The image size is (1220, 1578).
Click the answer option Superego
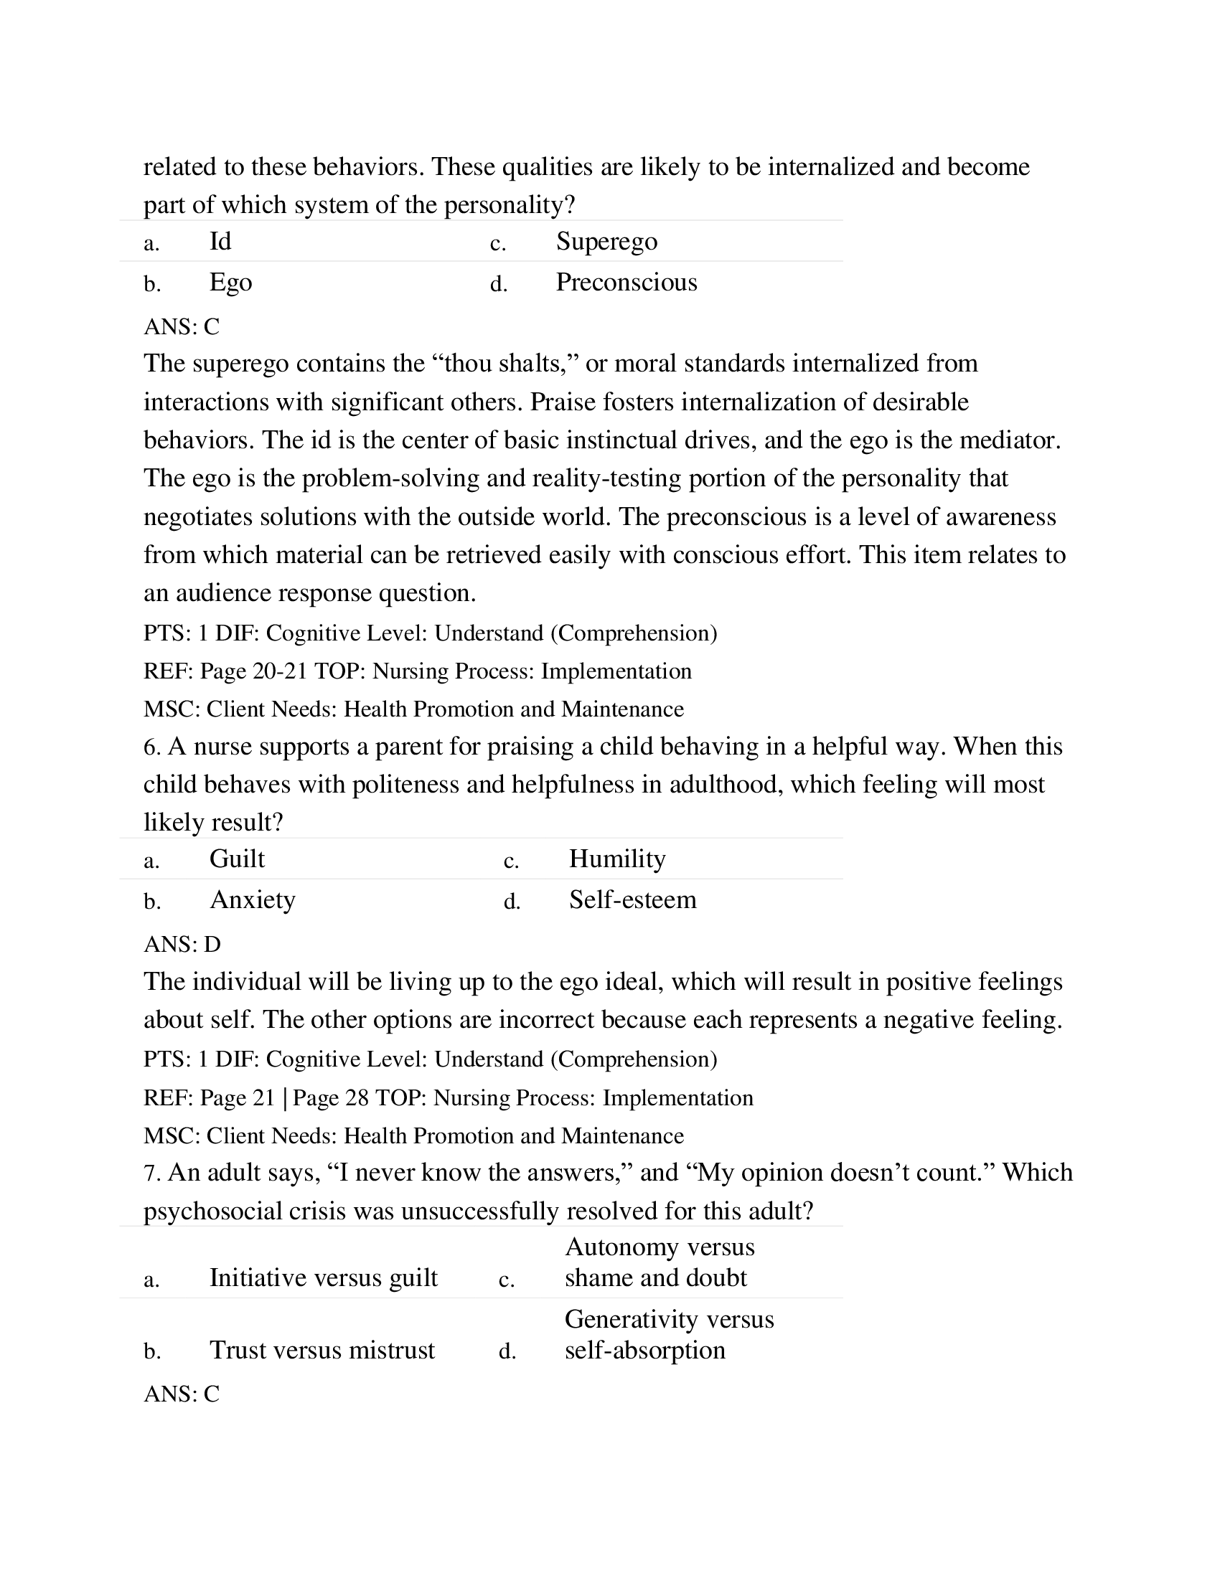(x=606, y=241)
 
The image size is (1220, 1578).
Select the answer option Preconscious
(x=626, y=282)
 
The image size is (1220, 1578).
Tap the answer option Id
(x=220, y=241)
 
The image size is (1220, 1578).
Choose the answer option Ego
(x=230, y=282)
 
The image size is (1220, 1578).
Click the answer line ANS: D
(x=182, y=945)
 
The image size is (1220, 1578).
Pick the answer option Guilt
(x=236, y=859)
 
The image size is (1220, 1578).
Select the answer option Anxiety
(x=252, y=899)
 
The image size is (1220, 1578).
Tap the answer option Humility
(x=616, y=859)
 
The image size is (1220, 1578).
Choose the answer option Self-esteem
(x=632, y=899)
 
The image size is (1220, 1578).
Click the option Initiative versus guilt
(x=323, y=1277)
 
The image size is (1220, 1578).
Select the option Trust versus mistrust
(x=322, y=1350)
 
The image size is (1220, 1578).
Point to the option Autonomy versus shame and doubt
(x=658, y=1262)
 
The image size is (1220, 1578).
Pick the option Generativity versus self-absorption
(x=669, y=1335)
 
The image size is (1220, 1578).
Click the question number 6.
(x=151, y=747)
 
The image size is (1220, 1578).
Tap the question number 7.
(x=151, y=1173)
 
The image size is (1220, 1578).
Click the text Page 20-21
(x=253, y=671)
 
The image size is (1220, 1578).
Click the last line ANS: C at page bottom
(x=182, y=1394)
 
